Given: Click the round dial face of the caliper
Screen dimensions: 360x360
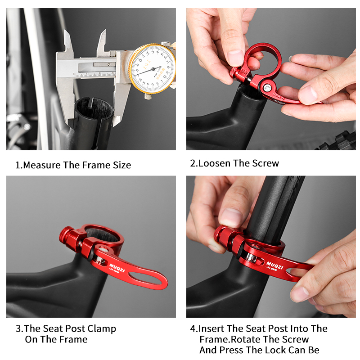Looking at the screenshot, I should pos(152,68).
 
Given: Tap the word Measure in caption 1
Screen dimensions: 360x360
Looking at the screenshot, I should pos(42,165).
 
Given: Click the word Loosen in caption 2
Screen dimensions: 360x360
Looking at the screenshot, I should pos(215,163).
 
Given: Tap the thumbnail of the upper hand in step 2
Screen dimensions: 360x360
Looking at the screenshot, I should pos(235,58).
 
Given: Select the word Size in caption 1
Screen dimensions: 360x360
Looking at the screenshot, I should pos(121,165).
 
